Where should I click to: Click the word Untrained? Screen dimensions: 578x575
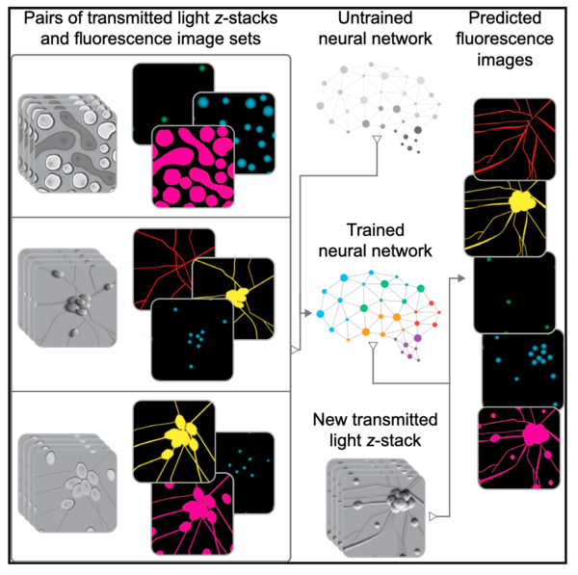375,18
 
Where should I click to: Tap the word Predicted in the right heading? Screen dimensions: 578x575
505,18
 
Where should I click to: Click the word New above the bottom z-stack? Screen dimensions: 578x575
330,420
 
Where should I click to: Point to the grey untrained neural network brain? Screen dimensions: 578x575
379,108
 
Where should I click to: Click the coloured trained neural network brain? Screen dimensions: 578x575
379,316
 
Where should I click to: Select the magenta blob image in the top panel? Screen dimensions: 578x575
194,167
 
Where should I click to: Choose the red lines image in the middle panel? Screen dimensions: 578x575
174,269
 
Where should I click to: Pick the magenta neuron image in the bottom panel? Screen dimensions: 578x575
193,514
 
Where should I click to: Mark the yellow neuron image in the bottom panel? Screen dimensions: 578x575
174,441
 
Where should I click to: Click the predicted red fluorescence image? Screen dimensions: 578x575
514,140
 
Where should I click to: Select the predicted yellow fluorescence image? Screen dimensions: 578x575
505,216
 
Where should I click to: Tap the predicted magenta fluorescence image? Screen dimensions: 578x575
519,448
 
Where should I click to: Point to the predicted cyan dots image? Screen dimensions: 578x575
523,369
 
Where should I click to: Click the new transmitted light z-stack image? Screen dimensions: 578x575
376,508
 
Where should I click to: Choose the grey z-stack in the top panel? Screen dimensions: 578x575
67,143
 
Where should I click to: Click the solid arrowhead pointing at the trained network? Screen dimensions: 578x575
308,313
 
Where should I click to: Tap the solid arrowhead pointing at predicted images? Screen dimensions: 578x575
460,278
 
